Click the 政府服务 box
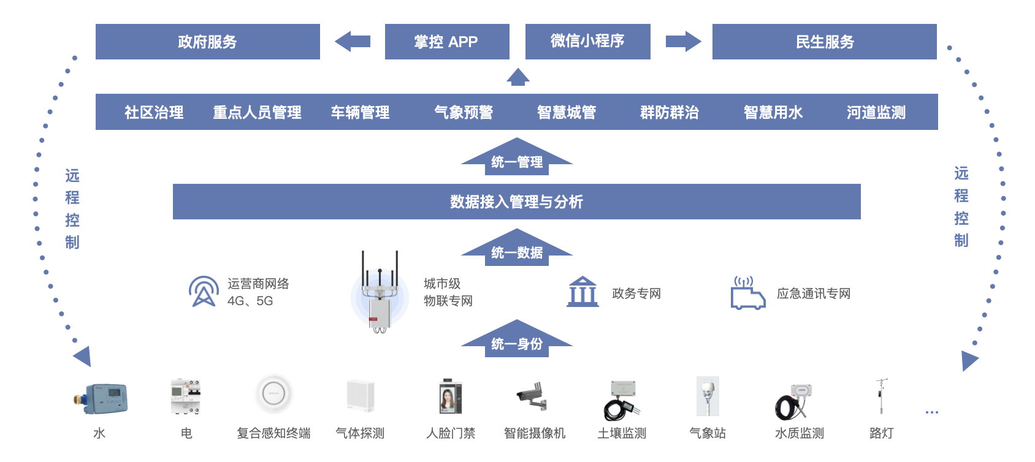207,42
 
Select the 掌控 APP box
446,42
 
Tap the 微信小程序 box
587,42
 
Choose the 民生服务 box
824,42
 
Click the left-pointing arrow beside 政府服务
353,42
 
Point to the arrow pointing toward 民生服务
683,42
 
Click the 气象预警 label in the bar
464,112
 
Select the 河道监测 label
876,112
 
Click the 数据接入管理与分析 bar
516,202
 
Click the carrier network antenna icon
204,292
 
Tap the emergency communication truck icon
747,293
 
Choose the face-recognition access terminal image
451,397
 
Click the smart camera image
532,396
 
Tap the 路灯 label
881,433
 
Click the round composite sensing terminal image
273,394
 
